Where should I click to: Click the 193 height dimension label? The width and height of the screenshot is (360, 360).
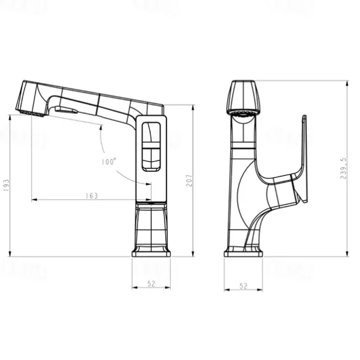[6, 186]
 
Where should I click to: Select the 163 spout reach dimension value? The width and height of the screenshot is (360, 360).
[91, 195]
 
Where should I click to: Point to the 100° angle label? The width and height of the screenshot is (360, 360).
[109, 161]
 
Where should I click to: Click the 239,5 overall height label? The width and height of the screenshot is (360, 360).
[345, 168]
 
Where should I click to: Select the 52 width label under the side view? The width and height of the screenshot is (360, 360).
[151, 284]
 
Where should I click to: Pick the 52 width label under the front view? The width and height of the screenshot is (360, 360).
[243, 286]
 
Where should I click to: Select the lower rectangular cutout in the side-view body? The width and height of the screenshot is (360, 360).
[152, 158]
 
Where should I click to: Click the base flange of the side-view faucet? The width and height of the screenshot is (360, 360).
[151, 252]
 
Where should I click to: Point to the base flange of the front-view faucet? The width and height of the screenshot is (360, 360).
[243, 252]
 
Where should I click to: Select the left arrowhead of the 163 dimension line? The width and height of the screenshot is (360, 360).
[34, 200]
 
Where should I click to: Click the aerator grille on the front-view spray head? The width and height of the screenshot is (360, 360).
[243, 112]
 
